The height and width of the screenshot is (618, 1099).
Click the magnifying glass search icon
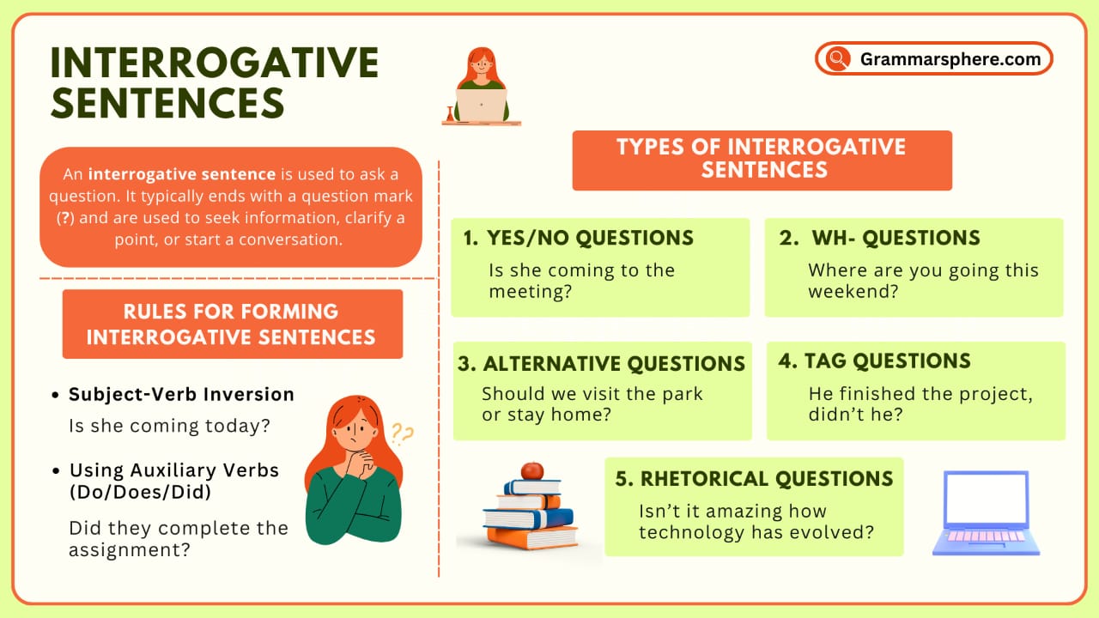tap(835, 59)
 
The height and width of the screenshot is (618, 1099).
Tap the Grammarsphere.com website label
tap(950, 59)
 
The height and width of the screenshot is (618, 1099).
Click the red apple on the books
tap(531, 470)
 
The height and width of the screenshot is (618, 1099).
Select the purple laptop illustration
tap(986, 512)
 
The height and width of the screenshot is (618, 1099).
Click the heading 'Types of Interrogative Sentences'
tap(762, 158)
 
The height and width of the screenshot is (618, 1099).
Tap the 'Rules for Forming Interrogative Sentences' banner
tap(232, 324)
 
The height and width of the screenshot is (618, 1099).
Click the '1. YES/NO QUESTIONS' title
tap(578, 239)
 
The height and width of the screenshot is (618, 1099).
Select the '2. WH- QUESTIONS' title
tap(879, 239)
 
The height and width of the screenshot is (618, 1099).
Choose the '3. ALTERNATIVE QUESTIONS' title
tap(601, 364)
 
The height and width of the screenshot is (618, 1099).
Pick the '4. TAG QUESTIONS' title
tap(874, 361)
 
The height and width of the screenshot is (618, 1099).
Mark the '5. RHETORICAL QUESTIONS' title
tap(754, 479)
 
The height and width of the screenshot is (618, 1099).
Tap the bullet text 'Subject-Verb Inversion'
tap(181, 395)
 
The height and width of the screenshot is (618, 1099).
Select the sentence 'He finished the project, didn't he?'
tap(920, 404)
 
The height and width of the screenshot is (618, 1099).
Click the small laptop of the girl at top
tap(481, 104)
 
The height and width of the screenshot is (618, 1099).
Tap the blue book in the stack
tap(527, 518)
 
